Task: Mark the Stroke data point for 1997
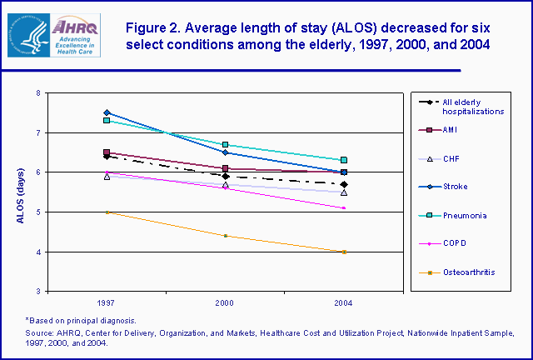(106, 112)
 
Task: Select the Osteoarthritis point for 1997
(106, 212)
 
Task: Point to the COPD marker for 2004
(344, 208)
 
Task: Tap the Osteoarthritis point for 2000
(225, 236)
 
